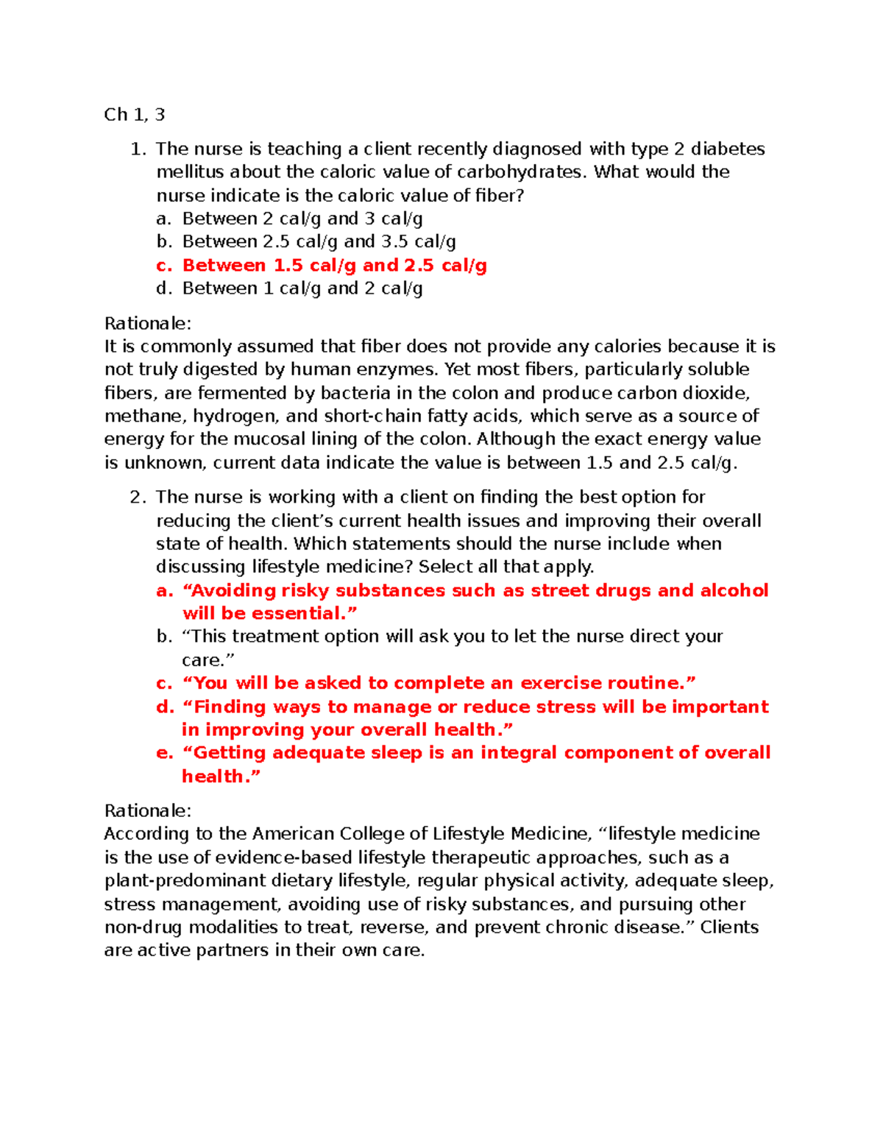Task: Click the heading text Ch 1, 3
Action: [134, 115]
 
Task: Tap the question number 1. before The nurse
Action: [138, 149]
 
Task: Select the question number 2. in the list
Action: [138, 498]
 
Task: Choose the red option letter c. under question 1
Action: [164, 266]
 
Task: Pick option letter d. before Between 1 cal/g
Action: [164, 289]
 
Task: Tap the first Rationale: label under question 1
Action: [147, 324]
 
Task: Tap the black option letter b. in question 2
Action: [164, 637]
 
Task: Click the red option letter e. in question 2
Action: [164, 753]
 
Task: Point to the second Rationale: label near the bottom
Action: [147, 811]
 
